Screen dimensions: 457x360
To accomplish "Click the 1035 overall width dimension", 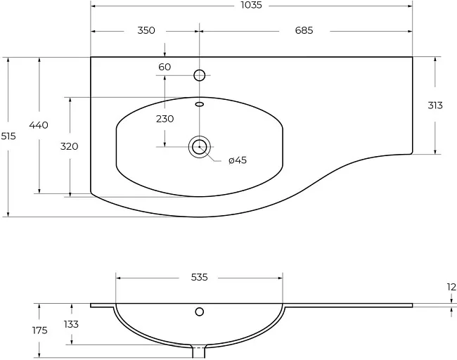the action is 251,5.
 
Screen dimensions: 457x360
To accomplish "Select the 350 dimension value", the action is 146,30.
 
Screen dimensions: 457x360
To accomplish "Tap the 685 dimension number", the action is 304,30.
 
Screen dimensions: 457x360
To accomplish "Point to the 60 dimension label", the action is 165,67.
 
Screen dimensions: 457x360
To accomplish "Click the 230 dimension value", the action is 165,119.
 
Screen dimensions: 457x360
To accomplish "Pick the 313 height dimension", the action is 435,105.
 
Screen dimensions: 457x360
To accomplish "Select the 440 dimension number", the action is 39,125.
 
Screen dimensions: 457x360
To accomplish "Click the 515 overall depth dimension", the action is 8,136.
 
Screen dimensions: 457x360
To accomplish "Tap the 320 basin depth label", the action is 70,146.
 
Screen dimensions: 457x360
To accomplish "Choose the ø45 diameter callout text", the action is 238,160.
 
